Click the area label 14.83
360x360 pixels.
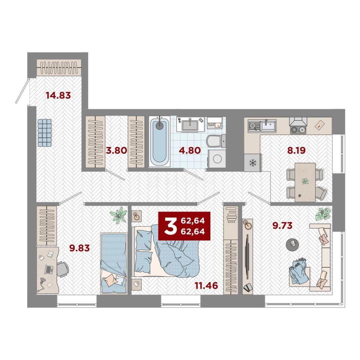(x=58, y=95)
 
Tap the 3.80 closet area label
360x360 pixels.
(x=116, y=151)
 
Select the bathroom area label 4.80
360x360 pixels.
(x=190, y=151)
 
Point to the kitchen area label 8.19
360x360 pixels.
(x=296, y=151)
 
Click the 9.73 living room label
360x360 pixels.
(x=282, y=225)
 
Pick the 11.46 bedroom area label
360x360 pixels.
(x=206, y=286)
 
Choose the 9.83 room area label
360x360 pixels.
(x=80, y=248)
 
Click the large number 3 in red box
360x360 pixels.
(x=170, y=226)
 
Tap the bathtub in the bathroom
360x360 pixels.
(x=160, y=141)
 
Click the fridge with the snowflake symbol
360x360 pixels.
(x=253, y=163)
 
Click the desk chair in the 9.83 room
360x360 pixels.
(x=62, y=269)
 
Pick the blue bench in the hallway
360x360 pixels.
(x=45, y=133)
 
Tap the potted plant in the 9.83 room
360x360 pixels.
(x=118, y=215)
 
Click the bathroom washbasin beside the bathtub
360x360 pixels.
(x=190, y=125)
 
